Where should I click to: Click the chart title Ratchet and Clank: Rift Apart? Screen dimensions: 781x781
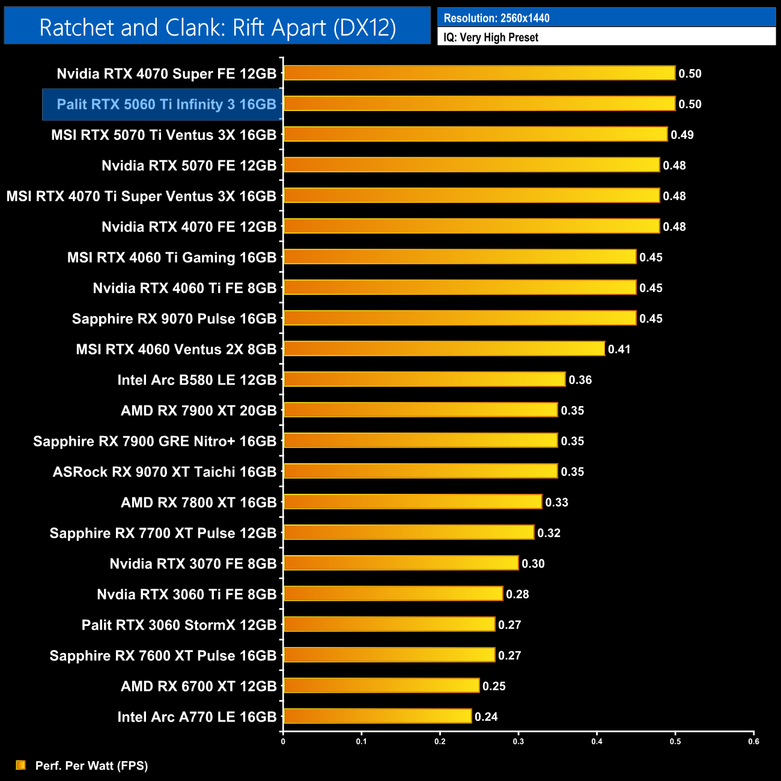217,28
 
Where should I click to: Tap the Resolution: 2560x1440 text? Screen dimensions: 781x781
496,18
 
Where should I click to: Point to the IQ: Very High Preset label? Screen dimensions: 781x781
491,37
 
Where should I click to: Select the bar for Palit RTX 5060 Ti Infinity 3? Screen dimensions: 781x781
479,104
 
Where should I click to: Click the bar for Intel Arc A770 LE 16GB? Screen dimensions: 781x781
377,716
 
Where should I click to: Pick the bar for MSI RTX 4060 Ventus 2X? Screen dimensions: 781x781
444,348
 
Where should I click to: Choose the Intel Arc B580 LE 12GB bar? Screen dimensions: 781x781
424,379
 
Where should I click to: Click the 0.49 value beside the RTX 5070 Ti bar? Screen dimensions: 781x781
682,135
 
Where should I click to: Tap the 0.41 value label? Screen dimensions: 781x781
619,349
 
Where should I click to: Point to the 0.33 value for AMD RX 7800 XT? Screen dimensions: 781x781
556,502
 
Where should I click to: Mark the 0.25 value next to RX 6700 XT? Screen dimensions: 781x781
494,686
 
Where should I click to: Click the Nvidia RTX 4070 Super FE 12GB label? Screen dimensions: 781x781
166,74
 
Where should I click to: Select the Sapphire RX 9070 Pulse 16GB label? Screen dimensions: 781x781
174,318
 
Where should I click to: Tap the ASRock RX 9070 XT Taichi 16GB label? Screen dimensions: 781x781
165,472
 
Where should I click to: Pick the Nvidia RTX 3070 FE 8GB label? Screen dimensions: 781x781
193,564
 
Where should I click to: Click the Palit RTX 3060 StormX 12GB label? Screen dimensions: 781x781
179,625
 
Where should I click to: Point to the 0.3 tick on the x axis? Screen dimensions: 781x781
518,741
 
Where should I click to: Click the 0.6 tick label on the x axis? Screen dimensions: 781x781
753,741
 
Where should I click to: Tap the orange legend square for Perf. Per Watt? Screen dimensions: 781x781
21,765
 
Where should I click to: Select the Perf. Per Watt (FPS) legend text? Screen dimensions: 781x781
91,765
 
